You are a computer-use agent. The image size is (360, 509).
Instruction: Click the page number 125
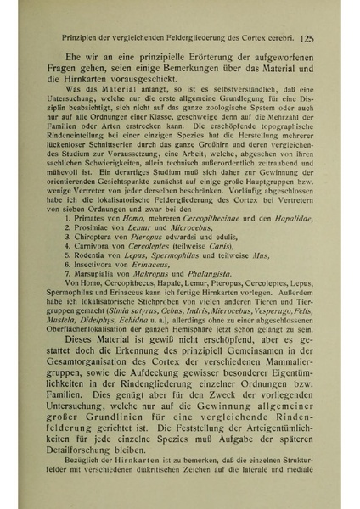pyautogui.click(x=308, y=38)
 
